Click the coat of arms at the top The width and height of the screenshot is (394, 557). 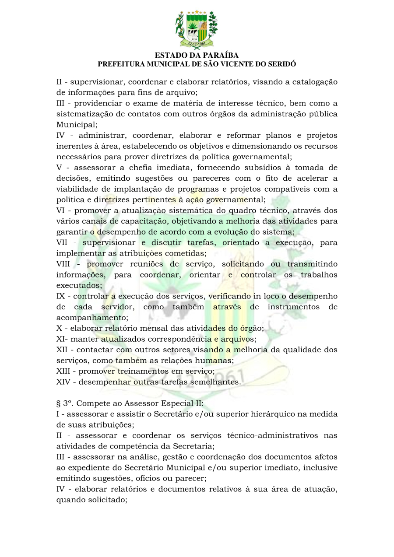click(197, 29)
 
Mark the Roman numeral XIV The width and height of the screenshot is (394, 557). click(63, 382)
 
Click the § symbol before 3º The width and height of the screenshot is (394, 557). click(59, 403)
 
